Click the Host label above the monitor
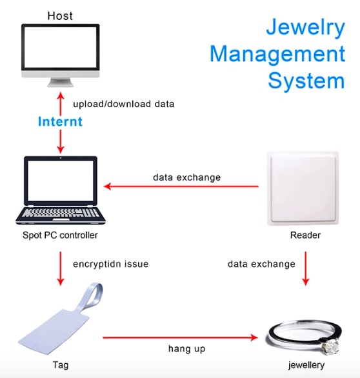60,16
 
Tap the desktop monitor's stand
60,82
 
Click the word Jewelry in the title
306,28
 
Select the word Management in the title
277,54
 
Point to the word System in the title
306,81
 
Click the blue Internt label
60,121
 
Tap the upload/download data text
123,104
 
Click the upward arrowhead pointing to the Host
61,95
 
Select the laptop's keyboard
61,212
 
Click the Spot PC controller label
60,235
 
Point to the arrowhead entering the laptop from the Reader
107,186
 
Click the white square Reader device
303,188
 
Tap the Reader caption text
305,235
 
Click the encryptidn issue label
111,264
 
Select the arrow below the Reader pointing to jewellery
306,268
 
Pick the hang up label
187,349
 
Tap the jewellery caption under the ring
306,365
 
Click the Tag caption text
61,365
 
